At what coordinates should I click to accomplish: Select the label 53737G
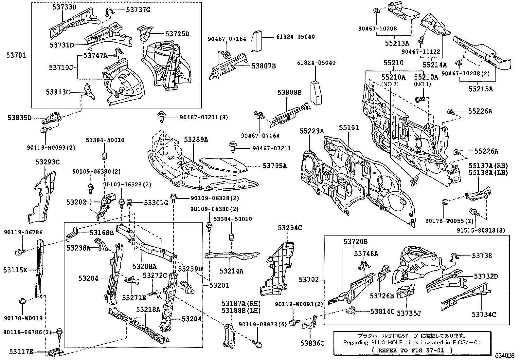[138, 10]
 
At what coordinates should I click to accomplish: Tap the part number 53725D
[177, 34]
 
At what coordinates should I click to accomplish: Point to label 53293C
[47, 161]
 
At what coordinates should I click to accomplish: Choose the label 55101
[349, 127]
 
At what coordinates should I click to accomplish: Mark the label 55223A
[312, 131]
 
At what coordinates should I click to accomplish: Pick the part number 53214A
[231, 271]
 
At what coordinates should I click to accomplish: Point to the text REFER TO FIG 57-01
[412, 350]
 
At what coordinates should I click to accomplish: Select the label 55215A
[480, 89]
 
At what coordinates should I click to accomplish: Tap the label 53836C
[312, 343]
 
